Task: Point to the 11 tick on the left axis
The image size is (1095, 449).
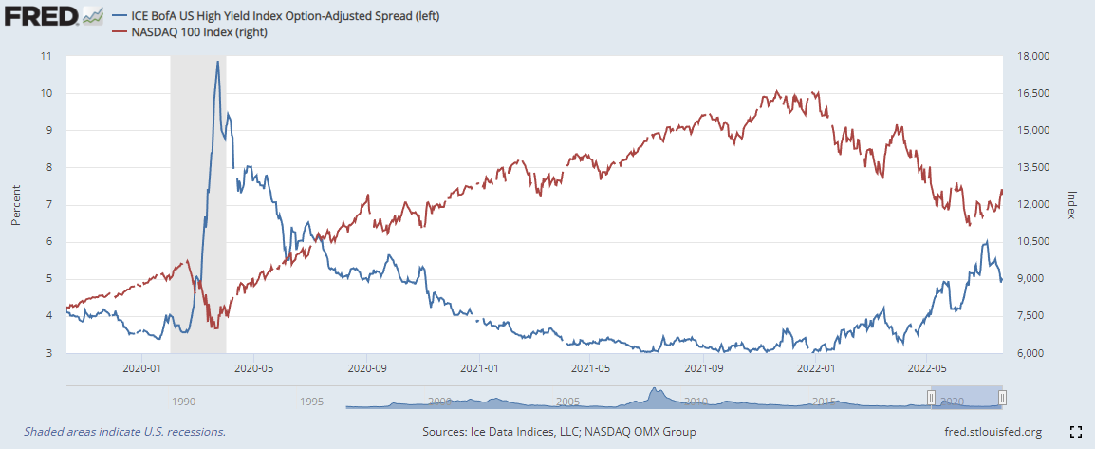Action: [46, 56]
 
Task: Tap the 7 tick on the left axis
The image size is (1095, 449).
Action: [48, 205]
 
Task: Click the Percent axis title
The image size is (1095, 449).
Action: [16, 205]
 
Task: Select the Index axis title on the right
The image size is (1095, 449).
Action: [1071, 205]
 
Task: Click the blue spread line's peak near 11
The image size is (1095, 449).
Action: [218, 62]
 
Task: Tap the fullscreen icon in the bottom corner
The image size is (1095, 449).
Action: [1076, 432]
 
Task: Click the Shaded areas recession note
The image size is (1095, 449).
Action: [124, 432]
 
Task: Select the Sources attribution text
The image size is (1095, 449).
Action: [559, 432]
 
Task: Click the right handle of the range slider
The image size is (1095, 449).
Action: [1002, 398]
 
